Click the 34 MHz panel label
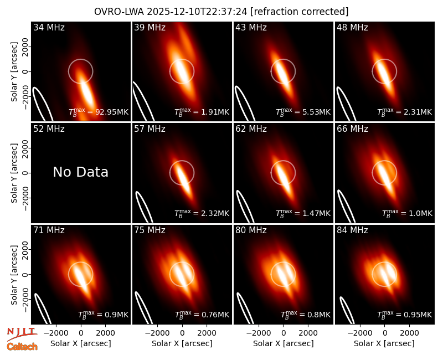pos(49,27)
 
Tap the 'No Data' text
pos(80,172)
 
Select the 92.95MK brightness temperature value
pos(99,112)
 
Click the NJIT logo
pos(22,334)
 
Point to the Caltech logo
pos(22,347)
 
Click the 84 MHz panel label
pos(352,230)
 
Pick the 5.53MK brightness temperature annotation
pos(303,112)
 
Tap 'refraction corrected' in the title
pos(300,12)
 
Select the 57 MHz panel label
pos(150,129)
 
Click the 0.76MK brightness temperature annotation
pos(202,315)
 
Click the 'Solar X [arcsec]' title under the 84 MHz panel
pos(384,343)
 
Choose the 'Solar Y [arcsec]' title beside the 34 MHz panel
pos(14,72)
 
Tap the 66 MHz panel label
pos(352,129)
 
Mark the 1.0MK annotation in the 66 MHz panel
pos(407,213)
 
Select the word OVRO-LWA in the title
pos(119,12)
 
